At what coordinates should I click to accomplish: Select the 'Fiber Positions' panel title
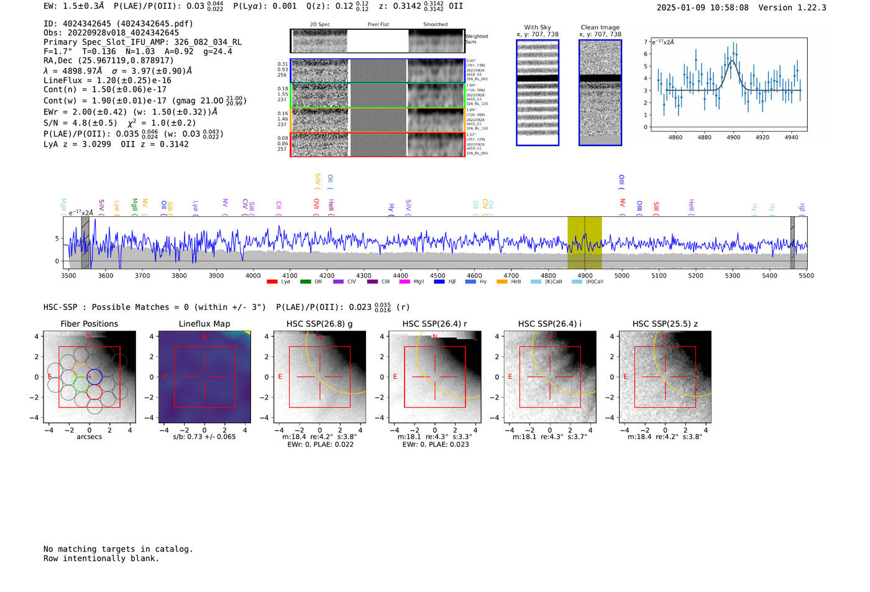click(89, 324)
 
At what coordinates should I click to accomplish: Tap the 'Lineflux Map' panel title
click(204, 324)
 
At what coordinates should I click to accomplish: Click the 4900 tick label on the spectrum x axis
click(585, 275)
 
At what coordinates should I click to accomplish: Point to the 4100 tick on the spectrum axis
click(290, 275)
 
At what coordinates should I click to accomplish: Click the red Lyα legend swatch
click(272, 282)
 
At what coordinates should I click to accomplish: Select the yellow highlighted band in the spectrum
click(584, 242)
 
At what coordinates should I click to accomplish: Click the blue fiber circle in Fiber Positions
click(94, 376)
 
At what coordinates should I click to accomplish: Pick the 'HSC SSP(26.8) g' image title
click(319, 324)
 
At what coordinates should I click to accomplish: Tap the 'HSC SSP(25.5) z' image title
click(665, 324)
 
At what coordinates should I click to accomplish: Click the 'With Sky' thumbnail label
click(538, 27)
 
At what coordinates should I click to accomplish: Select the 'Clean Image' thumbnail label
click(600, 27)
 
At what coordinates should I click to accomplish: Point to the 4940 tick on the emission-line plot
click(791, 137)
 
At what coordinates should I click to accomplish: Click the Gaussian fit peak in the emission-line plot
click(733, 60)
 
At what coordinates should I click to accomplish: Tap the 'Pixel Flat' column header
click(378, 24)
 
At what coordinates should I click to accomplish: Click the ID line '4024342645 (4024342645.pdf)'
click(118, 24)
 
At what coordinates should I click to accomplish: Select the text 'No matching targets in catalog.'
click(118, 549)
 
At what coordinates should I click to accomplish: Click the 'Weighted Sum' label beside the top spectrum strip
click(476, 39)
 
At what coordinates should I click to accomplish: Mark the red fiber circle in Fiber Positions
click(94, 392)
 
